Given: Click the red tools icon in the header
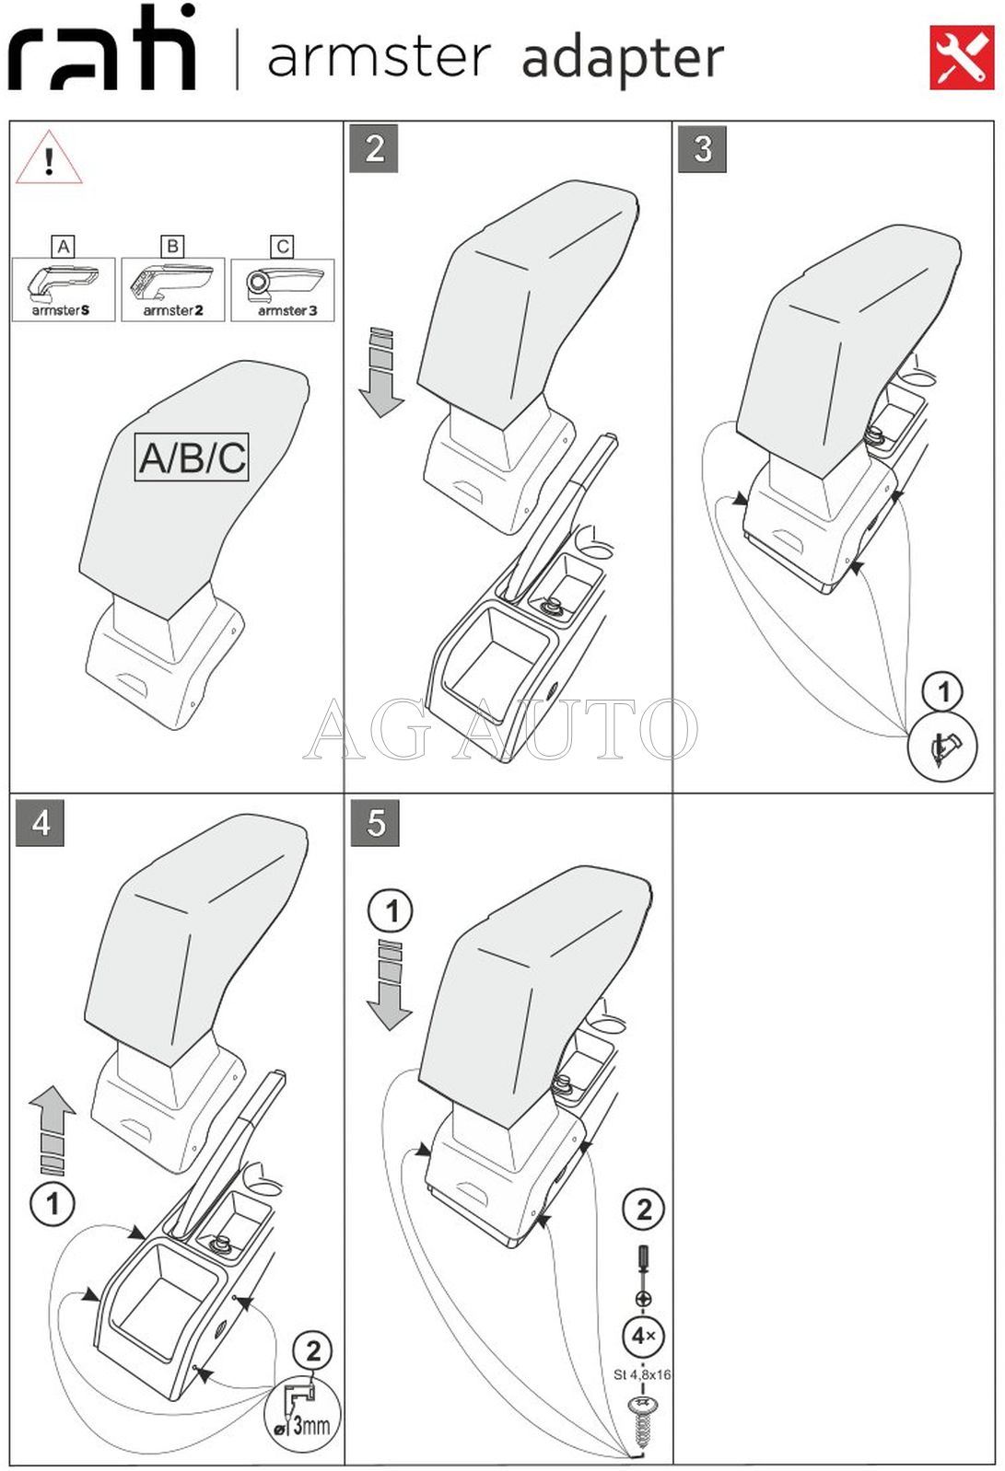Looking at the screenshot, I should (x=961, y=57).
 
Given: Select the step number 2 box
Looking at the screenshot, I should (x=374, y=149).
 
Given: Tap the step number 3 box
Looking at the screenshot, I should (x=702, y=149).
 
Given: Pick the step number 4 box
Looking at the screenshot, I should (x=41, y=822).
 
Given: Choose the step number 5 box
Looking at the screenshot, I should (x=375, y=822).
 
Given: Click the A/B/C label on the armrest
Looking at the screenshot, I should (x=193, y=458).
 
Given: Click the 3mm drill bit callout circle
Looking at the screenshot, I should (x=302, y=1417).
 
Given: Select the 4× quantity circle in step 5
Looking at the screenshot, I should (x=643, y=1335).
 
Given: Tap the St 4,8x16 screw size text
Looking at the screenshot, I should (x=642, y=1374).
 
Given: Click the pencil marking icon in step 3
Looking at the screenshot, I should (x=942, y=748).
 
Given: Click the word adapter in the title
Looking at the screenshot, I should (x=623, y=59).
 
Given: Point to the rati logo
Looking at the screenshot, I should (x=102, y=52).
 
